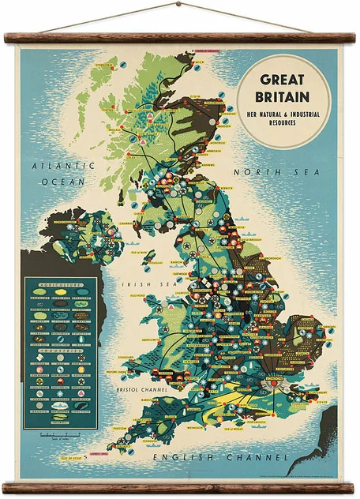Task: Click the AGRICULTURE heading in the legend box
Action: [60, 282]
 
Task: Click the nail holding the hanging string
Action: [178, 3]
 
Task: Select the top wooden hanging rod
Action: [179, 37]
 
